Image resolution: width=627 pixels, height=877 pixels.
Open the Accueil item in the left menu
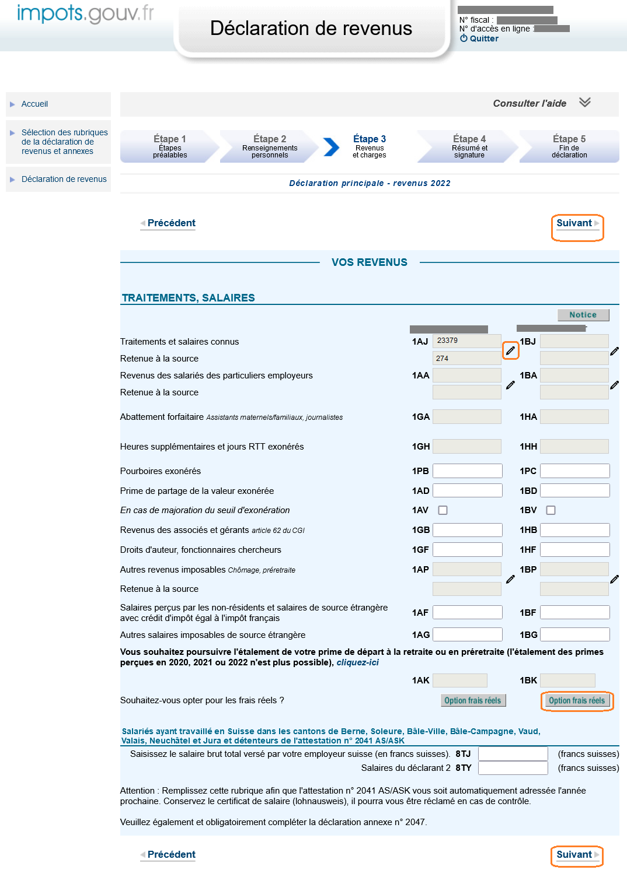coord(34,104)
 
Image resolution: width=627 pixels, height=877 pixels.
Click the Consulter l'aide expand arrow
coord(584,103)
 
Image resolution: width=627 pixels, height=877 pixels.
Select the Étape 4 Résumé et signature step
coord(469,146)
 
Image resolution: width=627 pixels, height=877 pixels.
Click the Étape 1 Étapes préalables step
coord(170,146)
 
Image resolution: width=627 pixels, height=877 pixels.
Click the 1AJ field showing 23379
coord(466,341)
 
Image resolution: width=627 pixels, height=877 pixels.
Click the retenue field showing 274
coord(466,358)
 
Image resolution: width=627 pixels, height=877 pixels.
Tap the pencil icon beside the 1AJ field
coord(510,350)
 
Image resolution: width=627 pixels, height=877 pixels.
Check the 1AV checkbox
coord(443,510)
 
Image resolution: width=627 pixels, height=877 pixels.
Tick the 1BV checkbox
coord(551,510)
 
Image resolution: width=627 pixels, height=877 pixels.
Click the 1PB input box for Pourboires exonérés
coord(467,471)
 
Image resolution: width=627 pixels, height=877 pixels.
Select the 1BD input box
coord(574,491)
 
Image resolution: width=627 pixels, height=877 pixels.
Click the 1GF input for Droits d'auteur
coord(467,550)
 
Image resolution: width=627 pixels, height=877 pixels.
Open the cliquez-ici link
coord(357,662)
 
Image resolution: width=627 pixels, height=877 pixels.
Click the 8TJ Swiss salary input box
coord(513,754)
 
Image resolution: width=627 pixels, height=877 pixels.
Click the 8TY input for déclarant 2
coord(513,768)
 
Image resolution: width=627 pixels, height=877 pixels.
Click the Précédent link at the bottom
coord(171,854)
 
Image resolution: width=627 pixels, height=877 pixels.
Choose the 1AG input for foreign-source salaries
coord(467,634)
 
